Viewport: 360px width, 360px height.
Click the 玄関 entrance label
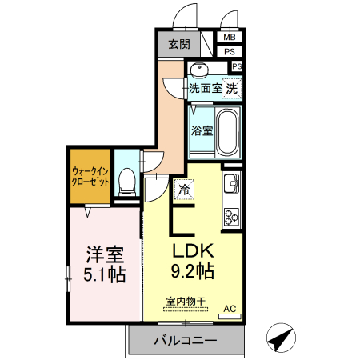179,45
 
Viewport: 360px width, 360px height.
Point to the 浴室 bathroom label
201,130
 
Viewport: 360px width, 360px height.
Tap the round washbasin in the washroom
200,68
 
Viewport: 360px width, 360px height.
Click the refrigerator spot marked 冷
183,190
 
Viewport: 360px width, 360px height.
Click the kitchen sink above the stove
230,183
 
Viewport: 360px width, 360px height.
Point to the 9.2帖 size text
190,272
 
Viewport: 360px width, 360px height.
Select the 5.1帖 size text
105,275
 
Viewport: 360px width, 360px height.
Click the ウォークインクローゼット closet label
90,176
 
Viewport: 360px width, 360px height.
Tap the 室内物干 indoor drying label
185,302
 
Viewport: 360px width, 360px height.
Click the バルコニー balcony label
185,341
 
